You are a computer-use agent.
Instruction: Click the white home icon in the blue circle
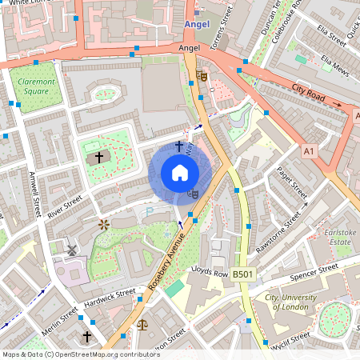[x=180, y=173]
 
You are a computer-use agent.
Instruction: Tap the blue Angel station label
[x=196, y=25]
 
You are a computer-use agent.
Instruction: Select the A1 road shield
[x=310, y=150]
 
